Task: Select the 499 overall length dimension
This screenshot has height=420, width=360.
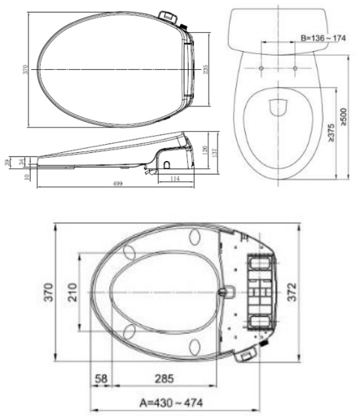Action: click(x=117, y=183)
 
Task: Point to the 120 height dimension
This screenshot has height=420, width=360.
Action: click(x=205, y=150)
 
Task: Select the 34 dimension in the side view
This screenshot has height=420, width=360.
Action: click(x=21, y=162)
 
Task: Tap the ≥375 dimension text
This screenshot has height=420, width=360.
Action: click(x=330, y=133)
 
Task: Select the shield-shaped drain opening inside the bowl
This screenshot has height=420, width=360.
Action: click(x=277, y=108)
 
